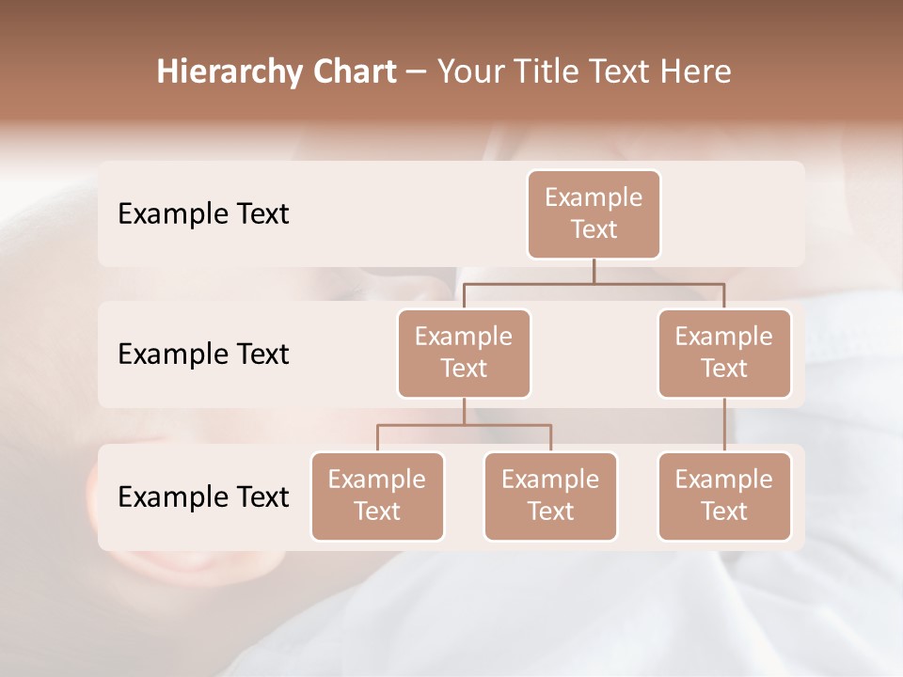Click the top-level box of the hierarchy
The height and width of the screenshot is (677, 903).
594,213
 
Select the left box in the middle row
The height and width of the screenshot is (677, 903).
464,353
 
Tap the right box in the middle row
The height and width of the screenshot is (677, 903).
724,353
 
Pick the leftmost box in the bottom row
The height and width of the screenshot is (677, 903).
377,496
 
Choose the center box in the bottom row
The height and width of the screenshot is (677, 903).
550,496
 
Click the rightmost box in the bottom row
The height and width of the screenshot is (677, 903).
724,496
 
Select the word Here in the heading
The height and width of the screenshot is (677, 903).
696,72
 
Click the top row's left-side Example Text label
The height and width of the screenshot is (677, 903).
203,213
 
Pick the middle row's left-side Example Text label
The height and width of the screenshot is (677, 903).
203,354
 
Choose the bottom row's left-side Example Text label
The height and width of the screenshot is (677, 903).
203,496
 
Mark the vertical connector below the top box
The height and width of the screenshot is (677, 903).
594,270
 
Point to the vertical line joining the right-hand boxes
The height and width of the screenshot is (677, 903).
724,425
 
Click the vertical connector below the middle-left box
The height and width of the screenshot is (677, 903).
464,411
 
